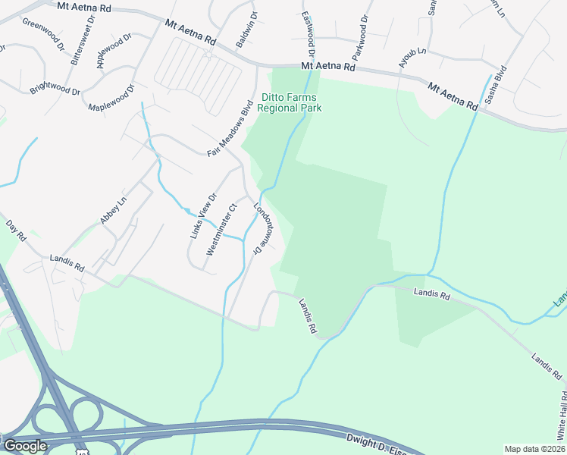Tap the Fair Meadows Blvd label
point(229,129)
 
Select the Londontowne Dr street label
point(262,224)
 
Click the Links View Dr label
point(203,215)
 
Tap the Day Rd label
point(16,231)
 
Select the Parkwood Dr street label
point(360,37)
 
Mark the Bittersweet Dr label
point(74,44)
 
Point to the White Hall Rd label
point(562,417)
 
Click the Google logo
point(24,445)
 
